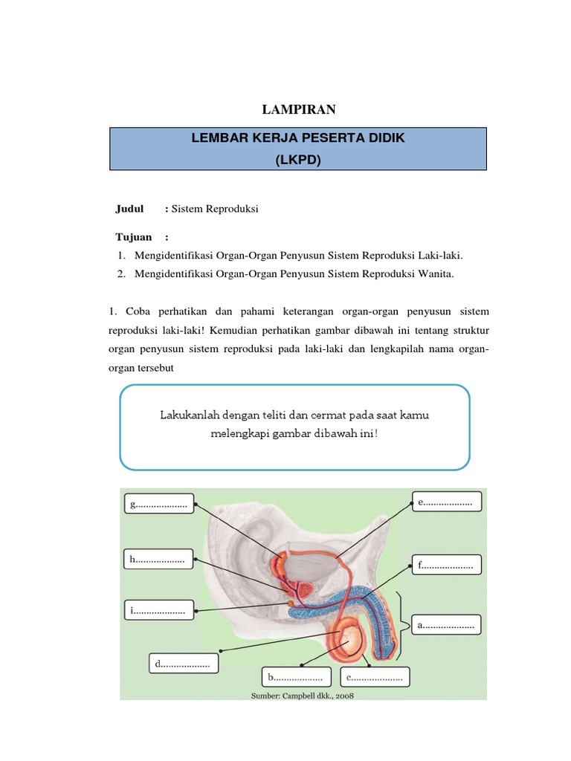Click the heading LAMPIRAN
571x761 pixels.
tap(298, 110)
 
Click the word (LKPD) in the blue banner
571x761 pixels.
tap(297, 160)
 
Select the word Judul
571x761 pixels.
tap(129, 210)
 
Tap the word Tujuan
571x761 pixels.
tap(134, 237)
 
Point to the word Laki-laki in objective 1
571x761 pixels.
tap(438, 256)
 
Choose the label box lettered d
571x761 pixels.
tap(184, 662)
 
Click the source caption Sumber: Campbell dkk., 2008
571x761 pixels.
tap(303, 697)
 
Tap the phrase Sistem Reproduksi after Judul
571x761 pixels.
tap(215, 210)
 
